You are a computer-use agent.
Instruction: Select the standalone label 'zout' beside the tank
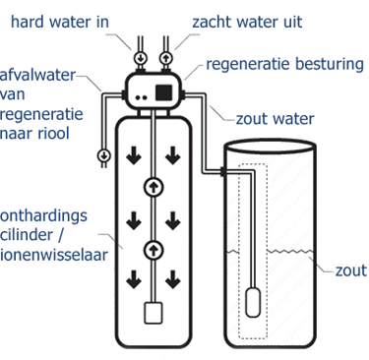click(x=350, y=270)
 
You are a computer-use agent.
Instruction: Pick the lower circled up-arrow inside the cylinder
click(x=154, y=248)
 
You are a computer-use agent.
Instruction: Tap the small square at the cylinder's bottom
click(x=154, y=313)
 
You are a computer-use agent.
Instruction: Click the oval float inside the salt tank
click(x=255, y=295)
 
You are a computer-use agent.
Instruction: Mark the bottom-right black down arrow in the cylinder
click(x=174, y=281)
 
